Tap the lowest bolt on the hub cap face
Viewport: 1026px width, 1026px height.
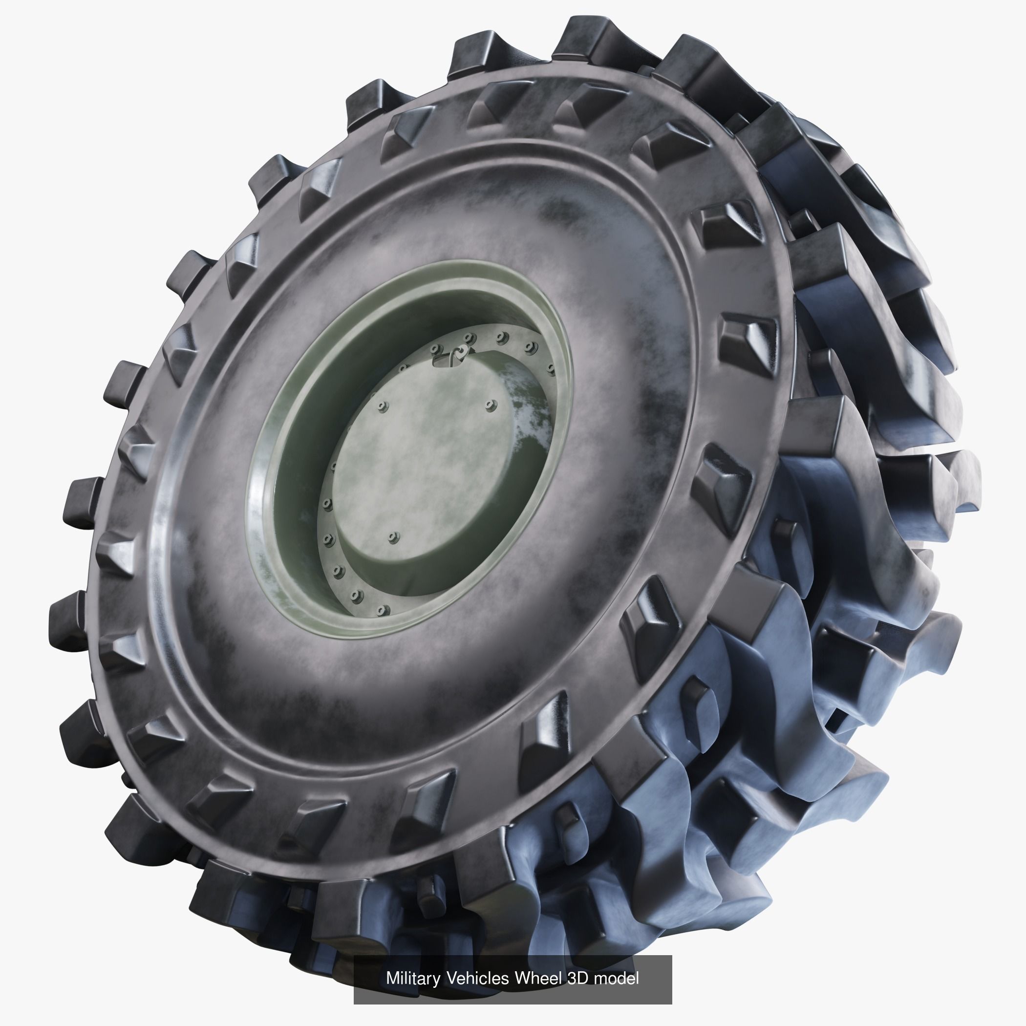[393, 537]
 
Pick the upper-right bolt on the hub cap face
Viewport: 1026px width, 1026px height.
[490, 406]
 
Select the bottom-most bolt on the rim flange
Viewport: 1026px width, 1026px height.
[380, 611]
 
